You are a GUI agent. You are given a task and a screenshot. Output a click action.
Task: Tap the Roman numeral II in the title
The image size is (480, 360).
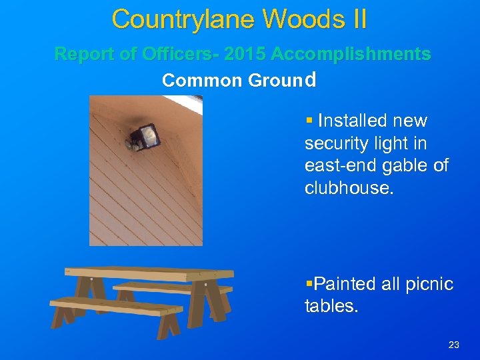coord(356,19)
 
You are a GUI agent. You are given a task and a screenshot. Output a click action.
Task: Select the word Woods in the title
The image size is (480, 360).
coord(302,19)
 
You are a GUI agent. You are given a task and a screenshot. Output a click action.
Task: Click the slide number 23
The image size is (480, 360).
coord(454,345)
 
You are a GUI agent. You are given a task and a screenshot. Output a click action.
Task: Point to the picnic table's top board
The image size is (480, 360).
coord(149,273)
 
